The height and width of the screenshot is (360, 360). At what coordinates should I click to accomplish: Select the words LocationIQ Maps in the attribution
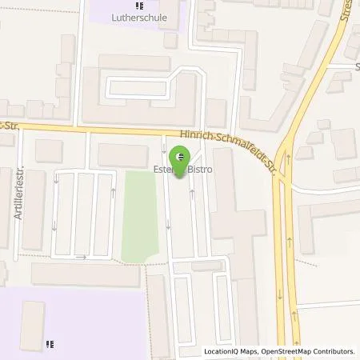[x=230, y=351]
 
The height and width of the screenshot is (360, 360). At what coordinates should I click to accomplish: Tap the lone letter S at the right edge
[x=356, y=68]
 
